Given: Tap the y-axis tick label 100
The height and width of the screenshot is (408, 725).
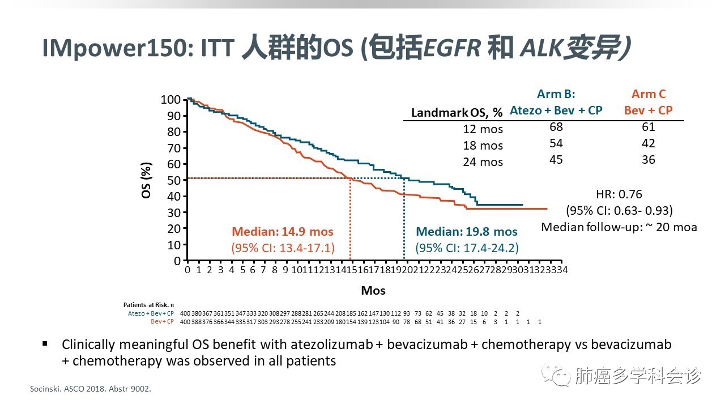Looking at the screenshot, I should coord(170,100).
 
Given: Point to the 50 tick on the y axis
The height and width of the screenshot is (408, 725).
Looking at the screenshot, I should coord(174,180).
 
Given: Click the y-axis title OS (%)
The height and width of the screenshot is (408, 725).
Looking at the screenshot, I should coord(146,180).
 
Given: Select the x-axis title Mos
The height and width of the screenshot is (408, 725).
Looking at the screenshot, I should coord(373,291).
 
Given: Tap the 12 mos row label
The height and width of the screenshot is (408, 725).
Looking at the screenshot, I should coord(483,129).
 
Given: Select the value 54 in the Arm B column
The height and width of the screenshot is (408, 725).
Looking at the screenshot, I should coord(556,143).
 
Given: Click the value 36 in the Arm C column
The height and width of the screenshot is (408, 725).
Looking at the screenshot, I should coord(649,160).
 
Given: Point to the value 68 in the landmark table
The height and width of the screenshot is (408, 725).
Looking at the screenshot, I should coord(556,127).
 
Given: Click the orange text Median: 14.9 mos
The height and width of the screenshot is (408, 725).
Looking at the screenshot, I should coord(283,232).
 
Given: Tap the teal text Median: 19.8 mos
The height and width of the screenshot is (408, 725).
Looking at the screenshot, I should coord(467,232).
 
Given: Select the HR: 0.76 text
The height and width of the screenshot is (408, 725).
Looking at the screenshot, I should coord(619,194).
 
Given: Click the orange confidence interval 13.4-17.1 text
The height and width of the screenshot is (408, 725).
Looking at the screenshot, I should coord(283,248).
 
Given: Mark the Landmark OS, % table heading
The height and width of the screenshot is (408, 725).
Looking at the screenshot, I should coord(457,113).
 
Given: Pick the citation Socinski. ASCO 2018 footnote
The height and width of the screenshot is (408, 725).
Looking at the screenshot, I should coord(90,389).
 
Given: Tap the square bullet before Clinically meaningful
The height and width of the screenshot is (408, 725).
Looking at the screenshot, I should coord(45,344).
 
